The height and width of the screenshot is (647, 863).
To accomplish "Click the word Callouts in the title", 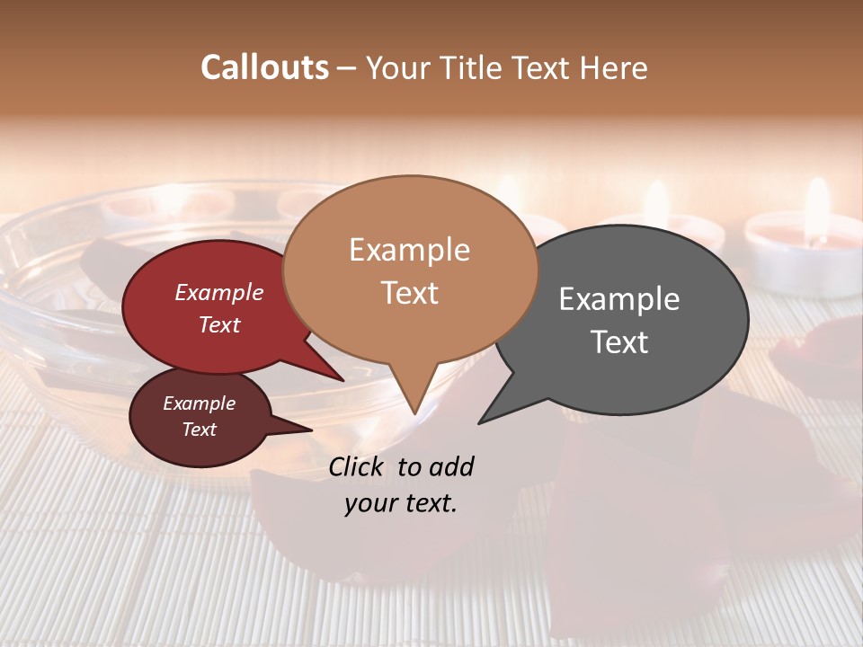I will pyautogui.click(x=264, y=67).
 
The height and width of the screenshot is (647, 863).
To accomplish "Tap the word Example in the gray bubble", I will pyautogui.click(x=619, y=299).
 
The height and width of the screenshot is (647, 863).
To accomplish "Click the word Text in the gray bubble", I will pyautogui.click(x=619, y=342).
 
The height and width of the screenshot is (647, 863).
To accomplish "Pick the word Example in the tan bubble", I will pyautogui.click(x=409, y=250).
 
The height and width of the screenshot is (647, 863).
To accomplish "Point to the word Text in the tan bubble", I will pyautogui.click(x=409, y=293).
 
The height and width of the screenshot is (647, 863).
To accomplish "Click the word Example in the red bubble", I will pyautogui.click(x=218, y=292).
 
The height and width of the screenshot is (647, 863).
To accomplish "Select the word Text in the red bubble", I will pyautogui.click(x=218, y=325).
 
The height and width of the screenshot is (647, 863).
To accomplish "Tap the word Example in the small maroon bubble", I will pyautogui.click(x=199, y=403).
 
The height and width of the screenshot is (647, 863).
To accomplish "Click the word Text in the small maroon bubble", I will pyautogui.click(x=199, y=430).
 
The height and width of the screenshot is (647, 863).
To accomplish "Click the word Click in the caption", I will pyautogui.click(x=357, y=467).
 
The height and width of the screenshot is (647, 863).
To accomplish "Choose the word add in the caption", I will pyautogui.click(x=452, y=467).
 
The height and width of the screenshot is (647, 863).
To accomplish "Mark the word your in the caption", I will pyautogui.click(x=369, y=503).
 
